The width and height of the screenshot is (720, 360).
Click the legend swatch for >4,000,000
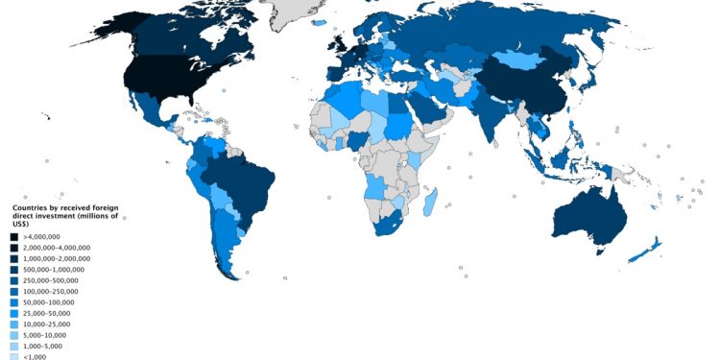[x=15, y=236]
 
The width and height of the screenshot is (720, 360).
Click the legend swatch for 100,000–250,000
[x=15, y=291]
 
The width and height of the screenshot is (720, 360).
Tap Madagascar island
[x=432, y=203]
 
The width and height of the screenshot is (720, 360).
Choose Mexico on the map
[x=144, y=110]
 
